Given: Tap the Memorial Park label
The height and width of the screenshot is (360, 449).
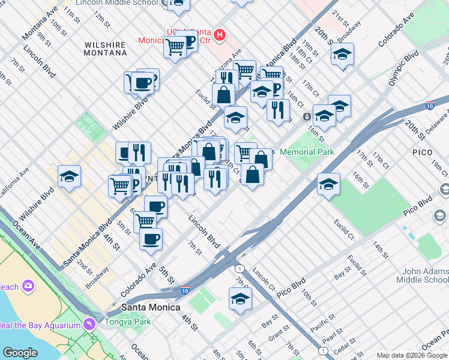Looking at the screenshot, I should [307, 152].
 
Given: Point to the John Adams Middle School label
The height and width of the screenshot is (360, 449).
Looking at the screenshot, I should [422, 275].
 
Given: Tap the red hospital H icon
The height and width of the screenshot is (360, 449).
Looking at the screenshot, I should [220, 35].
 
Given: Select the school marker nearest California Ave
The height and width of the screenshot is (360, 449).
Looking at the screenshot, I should [70, 176].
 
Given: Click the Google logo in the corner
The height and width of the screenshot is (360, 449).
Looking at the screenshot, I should [20, 353].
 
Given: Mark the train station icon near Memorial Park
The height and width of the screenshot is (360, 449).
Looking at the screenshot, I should [307, 116].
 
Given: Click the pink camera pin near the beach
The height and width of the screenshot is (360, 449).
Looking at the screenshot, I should [28, 285].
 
